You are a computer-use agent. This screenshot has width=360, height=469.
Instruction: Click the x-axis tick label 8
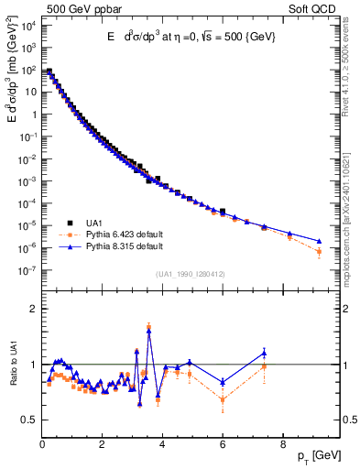(x=283, y=444)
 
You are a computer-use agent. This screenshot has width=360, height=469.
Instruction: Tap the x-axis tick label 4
(x=163, y=444)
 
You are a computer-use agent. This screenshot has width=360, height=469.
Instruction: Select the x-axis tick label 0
(x=43, y=444)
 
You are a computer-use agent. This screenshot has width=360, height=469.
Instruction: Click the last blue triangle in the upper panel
(x=319, y=242)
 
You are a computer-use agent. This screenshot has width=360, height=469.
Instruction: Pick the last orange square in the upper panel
(x=319, y=251)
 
